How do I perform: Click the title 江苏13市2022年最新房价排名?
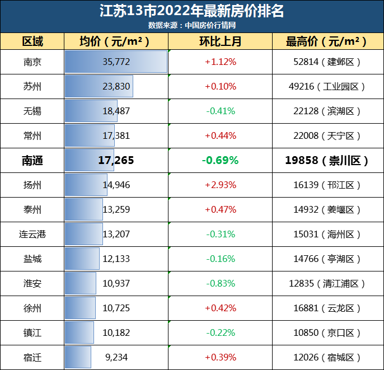[x=191, y=11]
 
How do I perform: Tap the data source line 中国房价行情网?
[x=191, y=25]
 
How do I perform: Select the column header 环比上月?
[x=220, y=41]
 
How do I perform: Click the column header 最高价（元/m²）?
[x=327, y=41]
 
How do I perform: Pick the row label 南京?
[x=32, y=62]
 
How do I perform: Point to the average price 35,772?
[x=116, y=62]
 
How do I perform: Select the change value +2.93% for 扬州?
[x=220, y=185]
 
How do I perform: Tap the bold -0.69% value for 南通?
[x=220, y=160]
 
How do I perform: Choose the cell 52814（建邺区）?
[x=327, y=62]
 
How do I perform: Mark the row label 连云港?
[x=32, y=234]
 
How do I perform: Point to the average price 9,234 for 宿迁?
[x=116, y=357]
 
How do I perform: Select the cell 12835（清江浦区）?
[x=327, y=283]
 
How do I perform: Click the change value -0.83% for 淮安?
[x=220, y=283]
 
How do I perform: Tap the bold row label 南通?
[x=32, y=160]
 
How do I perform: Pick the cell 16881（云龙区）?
[x=327, y=308]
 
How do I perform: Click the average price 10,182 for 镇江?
[x=116, y=332]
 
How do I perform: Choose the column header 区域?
[x=32, y=41]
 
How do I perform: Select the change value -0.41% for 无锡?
[x=220, y=111]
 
